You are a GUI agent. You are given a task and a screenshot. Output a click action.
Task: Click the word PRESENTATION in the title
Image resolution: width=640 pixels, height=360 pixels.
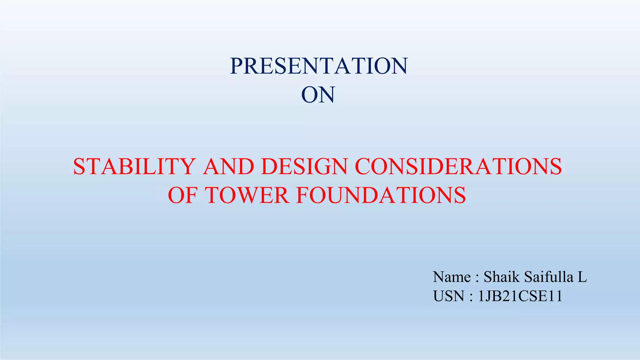point(318,66)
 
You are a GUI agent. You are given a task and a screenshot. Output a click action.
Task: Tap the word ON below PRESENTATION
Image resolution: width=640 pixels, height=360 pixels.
point(318,95)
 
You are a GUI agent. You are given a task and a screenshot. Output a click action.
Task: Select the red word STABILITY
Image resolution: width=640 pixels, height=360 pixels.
point(134,166)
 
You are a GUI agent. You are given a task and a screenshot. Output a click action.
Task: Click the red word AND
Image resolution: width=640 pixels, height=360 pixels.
point(228,166)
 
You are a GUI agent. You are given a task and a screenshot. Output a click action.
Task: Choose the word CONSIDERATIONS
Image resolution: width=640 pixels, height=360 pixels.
point(458,166)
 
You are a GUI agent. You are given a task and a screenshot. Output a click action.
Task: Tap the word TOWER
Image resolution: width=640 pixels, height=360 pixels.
point(247,195)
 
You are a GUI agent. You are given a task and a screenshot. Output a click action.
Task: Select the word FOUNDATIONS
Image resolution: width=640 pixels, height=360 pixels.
point(381,195)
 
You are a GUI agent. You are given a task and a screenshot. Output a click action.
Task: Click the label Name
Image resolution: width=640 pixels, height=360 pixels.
point(452,277)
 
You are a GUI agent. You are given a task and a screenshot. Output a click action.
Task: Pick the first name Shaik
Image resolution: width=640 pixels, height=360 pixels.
point(502,277)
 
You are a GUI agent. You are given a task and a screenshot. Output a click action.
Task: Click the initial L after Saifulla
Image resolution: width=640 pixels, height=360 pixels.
point(582,277)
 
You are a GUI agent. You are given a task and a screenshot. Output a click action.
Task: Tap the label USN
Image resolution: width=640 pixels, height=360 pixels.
point(449,296)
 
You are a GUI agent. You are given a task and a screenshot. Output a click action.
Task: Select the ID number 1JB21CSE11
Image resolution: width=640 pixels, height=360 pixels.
point(520,296)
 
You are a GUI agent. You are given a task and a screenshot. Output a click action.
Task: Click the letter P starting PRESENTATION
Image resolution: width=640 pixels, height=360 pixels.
point(237,66)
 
